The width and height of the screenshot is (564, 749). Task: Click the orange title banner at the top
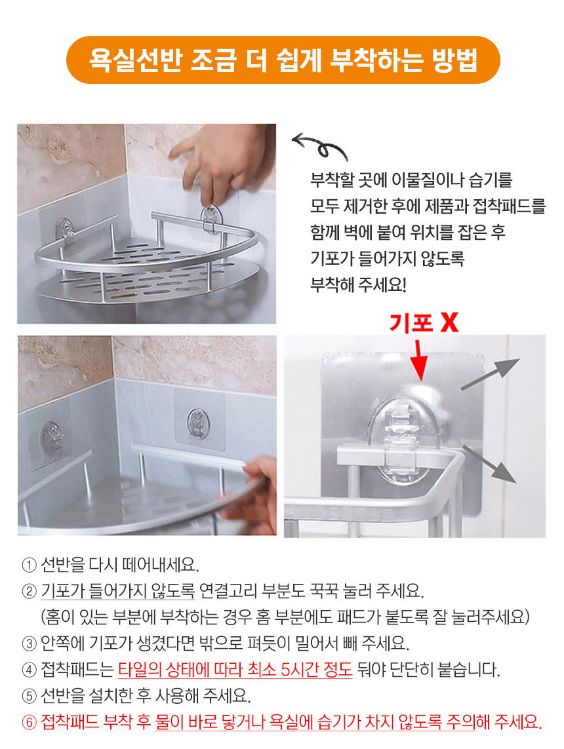tap(283, 60)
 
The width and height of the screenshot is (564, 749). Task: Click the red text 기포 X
tap(424, 322)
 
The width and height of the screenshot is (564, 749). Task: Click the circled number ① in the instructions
tap(29, 566)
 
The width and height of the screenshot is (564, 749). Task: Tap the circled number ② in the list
tap(29, 592)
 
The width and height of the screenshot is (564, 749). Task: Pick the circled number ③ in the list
tap(29, 643)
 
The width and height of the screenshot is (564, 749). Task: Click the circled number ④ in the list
tap(29, 670)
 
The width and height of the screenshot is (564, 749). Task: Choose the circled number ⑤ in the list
tap(29, 696)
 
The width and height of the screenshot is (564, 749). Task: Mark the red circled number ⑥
tap(29, 721)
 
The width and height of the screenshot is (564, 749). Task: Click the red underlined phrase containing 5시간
tap(235, 670)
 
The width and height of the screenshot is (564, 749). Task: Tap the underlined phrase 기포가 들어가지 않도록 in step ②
tap(118, 591)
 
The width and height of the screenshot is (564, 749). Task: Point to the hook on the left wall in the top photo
tap(65, 232)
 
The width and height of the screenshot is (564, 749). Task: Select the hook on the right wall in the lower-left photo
tap(197, 422)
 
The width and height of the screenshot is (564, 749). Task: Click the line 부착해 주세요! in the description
tap(358, 284)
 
